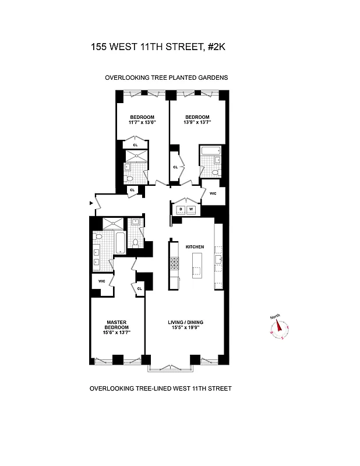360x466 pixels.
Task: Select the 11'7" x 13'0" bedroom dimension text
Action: [x=142, y=122]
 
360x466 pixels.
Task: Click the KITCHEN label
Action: [x=194, y=247]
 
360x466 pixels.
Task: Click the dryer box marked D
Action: [x=181, y=209]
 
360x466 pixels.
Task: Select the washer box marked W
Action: [x=190, y=209]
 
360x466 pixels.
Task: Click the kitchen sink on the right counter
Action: [x=219, y=260]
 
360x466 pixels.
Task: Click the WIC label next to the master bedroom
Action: [x=101, y=281]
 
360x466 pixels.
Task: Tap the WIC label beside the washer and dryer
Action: [x=213, y=193]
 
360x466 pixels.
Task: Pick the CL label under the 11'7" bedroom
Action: [x=135, y=144]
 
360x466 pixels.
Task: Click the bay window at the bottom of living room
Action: [x=168, y=366]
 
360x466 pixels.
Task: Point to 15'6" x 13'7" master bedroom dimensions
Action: [x=117, y=332]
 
